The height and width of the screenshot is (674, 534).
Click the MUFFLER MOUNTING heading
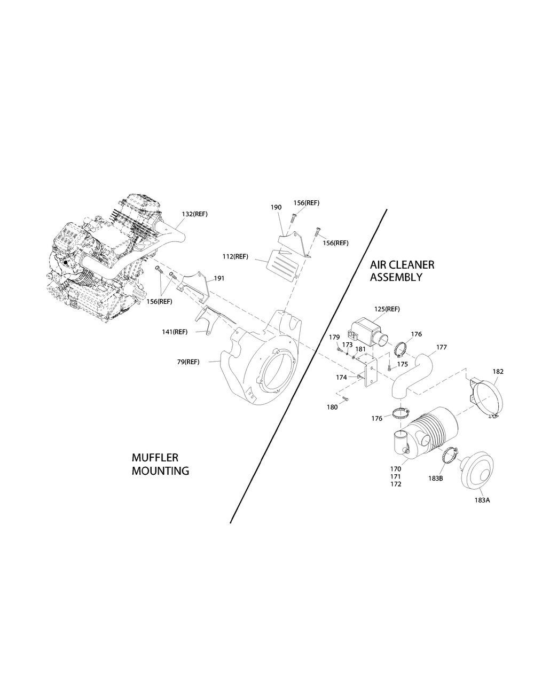coord(160,465)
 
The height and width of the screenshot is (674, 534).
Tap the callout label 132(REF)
coord(194,214)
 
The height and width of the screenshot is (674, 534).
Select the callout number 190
coord(276,207)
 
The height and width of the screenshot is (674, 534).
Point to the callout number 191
coord(219,278)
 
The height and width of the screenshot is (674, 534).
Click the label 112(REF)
coord(235,256)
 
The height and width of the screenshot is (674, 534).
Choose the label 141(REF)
coord(175,332)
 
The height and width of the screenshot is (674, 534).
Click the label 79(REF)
coord(188,362)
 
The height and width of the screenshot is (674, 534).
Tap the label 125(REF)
coord(387,309)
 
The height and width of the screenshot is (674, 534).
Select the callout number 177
coord(442,347)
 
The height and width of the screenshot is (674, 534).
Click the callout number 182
coord(498,371)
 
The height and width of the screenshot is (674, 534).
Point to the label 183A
coord(481,500)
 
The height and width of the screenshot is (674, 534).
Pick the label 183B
coord(435,478)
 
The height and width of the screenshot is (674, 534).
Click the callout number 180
coord(332,407)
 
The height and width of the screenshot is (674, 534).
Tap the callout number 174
coord(341,377)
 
